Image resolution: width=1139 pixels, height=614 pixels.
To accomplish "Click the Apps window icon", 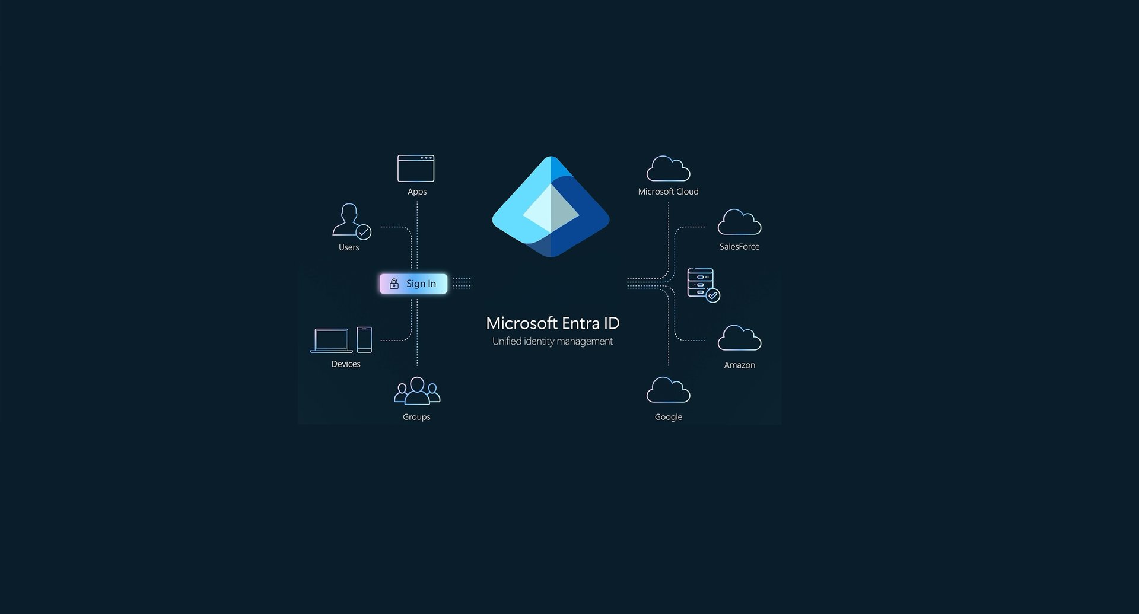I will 416,168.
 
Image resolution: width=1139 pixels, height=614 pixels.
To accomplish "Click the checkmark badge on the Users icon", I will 364,232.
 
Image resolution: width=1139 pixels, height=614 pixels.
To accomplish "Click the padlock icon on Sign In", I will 394,284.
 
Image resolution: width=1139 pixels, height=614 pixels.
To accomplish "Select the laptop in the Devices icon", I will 331,341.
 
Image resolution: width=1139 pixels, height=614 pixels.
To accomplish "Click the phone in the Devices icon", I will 364,340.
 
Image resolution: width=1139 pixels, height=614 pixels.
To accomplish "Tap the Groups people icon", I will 417,391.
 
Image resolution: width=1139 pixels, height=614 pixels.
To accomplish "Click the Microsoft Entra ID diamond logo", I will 551,207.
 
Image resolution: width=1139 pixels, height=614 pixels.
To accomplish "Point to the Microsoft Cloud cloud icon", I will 668,169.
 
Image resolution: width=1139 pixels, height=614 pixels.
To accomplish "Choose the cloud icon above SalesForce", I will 739,222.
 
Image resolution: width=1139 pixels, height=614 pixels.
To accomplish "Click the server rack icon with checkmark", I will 702,285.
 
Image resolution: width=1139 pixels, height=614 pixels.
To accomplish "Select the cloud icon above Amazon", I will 739,338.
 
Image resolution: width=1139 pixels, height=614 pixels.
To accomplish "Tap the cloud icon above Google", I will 668,390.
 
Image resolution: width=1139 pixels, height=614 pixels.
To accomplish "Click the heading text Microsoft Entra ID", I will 552,323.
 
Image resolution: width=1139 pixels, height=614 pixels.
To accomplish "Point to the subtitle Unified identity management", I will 552,342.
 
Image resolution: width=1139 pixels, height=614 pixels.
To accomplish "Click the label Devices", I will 346,364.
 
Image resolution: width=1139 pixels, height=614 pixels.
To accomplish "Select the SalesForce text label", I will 739,247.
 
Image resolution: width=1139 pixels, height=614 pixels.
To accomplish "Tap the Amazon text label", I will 739,365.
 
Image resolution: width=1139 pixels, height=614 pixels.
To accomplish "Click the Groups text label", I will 416,417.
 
